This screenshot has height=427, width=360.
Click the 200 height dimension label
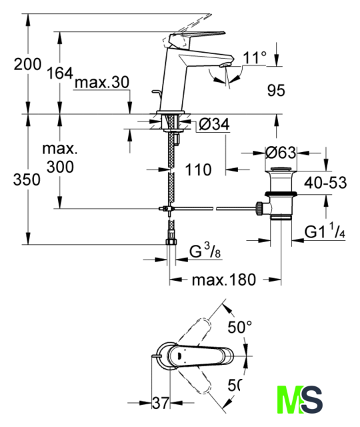[27, 64]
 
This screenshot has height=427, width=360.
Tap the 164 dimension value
[60, 73]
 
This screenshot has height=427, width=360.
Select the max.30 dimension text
[102, 82]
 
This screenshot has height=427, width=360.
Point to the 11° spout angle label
[255, 57]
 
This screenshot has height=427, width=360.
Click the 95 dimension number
[276, 91]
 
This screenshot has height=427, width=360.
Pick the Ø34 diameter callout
[214, 124]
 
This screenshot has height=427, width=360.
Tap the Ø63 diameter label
[281, 153]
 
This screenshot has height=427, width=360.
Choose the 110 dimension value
[198, 170]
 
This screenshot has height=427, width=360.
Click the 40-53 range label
[325, 182]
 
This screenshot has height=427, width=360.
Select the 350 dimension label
[27, 179]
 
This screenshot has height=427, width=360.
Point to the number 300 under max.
[60, 167]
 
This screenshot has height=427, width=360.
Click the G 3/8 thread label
[205, 251]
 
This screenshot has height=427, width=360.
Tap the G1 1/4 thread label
[325, 231]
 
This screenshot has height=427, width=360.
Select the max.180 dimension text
[224, 280]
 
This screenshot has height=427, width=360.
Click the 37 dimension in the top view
[161, 403]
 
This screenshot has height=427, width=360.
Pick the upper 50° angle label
[240, 327]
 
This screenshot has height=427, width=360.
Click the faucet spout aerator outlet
[225, 65]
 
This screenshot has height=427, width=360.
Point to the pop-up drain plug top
[281, 169]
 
